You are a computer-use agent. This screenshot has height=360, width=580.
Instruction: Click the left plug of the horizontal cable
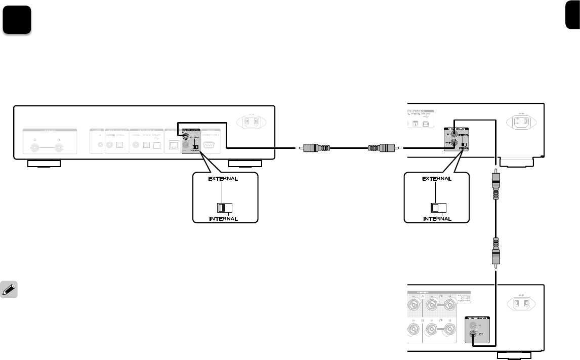(x=311, y=148)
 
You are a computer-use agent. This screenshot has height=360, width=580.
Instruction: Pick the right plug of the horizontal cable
(x=382, y=148)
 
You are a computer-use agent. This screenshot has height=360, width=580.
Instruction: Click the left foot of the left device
(x=44, y=164)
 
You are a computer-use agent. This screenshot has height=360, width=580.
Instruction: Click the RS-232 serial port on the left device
(x=209, y=145)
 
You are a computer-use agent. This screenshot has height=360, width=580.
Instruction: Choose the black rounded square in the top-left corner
(x=17, y=21)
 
